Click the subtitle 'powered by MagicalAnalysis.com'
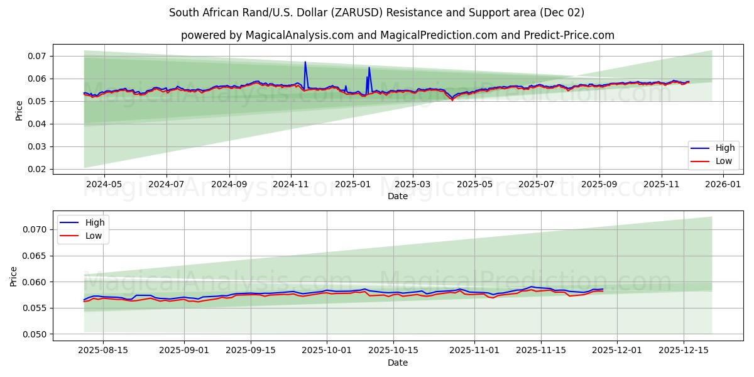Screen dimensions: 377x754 point(397,35)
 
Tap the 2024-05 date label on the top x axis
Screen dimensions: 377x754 point(104,185)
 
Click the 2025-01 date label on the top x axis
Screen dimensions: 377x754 point(352,185)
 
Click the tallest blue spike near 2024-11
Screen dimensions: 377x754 point(305,62)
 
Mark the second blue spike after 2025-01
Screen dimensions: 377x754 point(369,67)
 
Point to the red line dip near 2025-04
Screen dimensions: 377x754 point(452,100)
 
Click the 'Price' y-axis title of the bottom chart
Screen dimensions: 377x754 point(14,276)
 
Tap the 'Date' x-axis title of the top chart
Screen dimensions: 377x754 point(397,196)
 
